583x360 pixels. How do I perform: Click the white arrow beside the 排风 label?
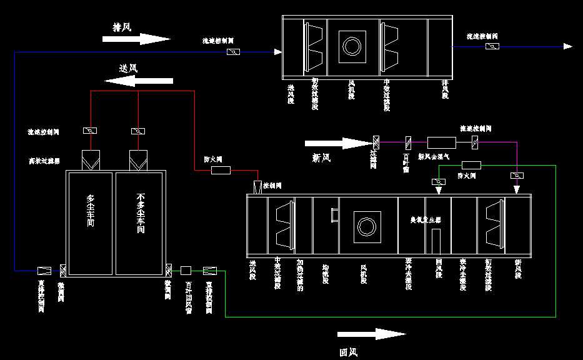click(136, 39)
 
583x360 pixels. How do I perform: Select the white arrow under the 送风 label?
click(139, 81)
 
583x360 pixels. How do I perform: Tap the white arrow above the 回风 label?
click(371, 334)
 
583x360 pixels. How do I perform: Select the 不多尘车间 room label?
click(140, 212)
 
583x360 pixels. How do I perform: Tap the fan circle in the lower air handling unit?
click(367, 226)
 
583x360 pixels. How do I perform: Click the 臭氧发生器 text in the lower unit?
click(425, 220)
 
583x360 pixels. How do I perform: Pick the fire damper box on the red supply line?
click(221, 169)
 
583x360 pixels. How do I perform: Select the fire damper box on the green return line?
click(471, 165)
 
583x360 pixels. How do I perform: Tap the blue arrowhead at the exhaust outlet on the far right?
click(567, 46)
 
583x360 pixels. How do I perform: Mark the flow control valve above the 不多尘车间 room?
click(138, 131)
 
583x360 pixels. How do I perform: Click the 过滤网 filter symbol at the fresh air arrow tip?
click(376, 142)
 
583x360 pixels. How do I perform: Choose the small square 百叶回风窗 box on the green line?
click(186, 271)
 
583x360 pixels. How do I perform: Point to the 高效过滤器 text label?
click(44, 161)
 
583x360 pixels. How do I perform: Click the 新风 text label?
click(321, 158)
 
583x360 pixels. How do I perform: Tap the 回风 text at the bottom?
click(348, 352)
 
